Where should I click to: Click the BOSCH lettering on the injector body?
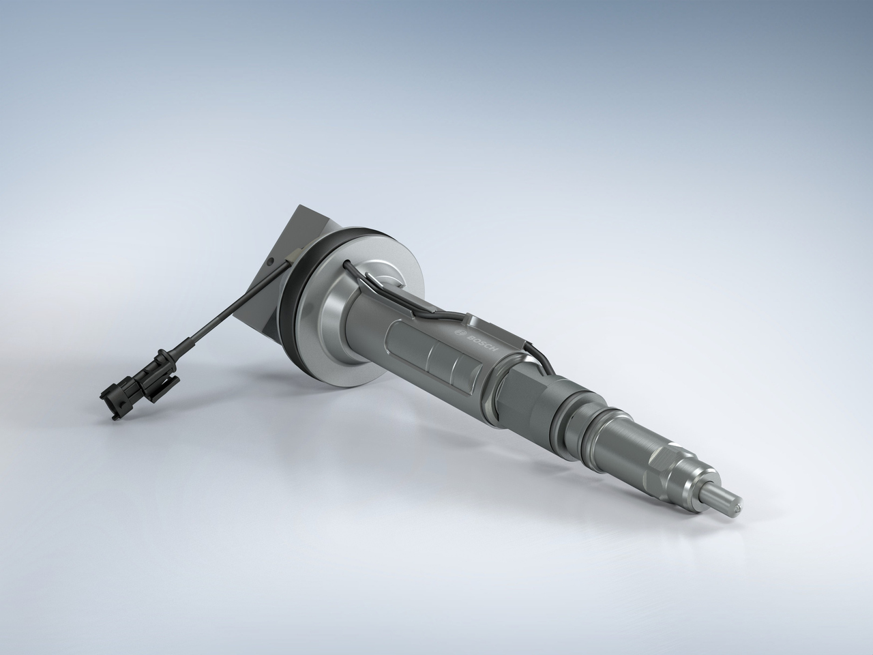pos(482,340)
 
